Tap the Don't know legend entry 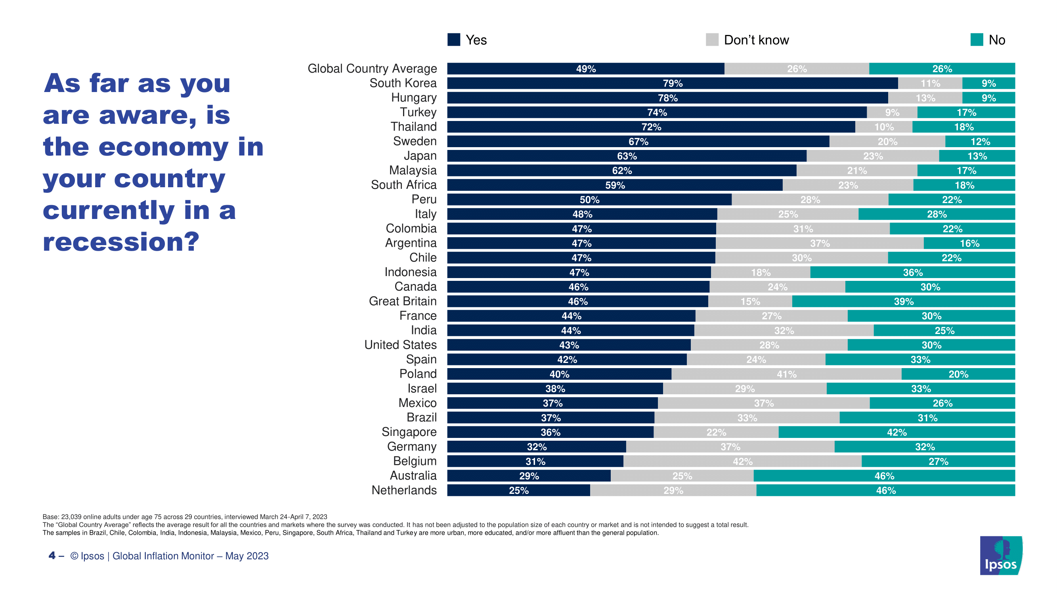[747, 40]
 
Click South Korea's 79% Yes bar [672, 83]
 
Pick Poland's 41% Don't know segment [786, 374]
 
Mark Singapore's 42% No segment [896, 432]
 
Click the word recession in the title [121, 242]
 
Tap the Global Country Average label [372, 69]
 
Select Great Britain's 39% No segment [904, 301]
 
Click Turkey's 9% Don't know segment [892, 113]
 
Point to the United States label [400, 345]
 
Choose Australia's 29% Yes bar [529, 476]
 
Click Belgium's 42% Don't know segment [742, 462]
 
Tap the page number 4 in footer [52, 556]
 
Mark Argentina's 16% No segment [969, 244]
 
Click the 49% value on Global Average [585, 69]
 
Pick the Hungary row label [414, 98]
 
